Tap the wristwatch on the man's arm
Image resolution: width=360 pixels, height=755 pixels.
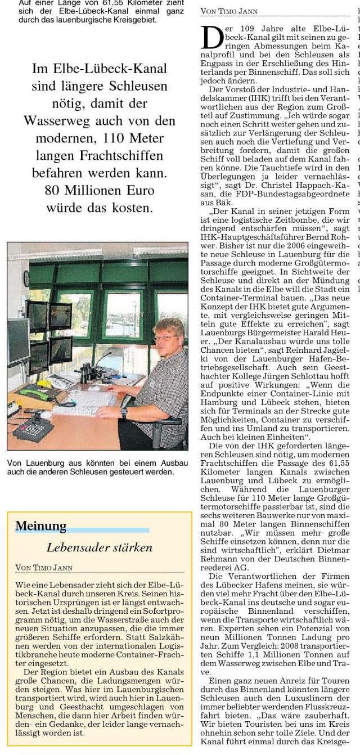(124, 412)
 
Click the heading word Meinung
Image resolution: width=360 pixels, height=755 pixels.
(40, 526)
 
